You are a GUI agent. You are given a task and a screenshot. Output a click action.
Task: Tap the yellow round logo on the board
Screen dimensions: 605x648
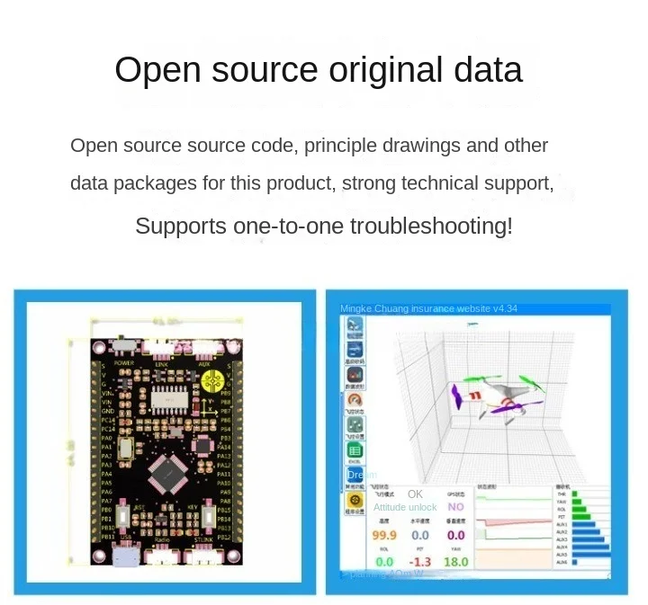[x=211, y=382]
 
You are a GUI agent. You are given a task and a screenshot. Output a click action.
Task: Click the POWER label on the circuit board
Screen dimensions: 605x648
[x=123, y=363]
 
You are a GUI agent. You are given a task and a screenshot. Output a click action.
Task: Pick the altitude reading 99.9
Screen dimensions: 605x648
[x=384, y=536]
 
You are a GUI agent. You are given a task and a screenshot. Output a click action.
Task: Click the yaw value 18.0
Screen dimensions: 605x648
[x=456, y=562]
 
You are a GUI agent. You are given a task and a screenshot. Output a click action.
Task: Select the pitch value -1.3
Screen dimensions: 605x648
[x=419, y=562]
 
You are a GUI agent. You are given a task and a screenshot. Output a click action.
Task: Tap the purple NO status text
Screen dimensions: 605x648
[x=455, y=507]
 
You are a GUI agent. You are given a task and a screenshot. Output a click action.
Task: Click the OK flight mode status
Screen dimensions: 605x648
[x=415, y=494]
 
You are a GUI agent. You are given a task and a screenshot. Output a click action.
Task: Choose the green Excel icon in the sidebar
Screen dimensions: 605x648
[x=355, y=450]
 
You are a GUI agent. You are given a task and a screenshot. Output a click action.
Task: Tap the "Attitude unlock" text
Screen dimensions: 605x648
[x=405, y=507]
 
